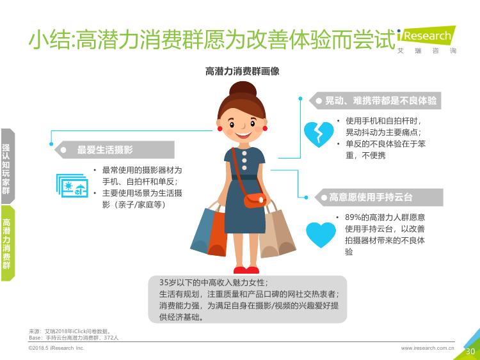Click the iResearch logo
(x=427, y=40)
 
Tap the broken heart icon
(x=319, y=134)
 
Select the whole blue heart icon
(x=321, y=235)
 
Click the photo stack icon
(x=72, y=185)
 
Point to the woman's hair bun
(x=243, y=90)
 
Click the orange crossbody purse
(x=255, y=200)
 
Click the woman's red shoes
(x=246, y=270)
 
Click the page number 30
(x=470, y=352)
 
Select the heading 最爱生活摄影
(x=105, y=150)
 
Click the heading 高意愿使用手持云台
(x=371, y=198)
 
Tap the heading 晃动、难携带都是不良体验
(x=381, y=100)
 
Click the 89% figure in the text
(x=353, y=217)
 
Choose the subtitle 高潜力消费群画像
(x=242, y=71)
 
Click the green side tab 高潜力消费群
(x=7, y=244)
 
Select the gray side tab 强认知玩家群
(x=7, y=167)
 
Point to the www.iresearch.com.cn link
(x=428, y=348)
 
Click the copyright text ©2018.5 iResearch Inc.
(x=56, y=348)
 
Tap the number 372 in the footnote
(x=108, y=338)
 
